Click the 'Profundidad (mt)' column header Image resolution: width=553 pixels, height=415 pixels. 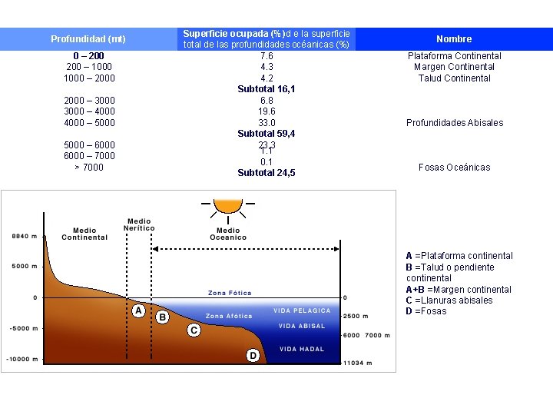pyautogui.click(x=88, y=38)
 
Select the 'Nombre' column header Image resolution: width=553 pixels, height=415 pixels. pyautogui.click(x=454, y=38)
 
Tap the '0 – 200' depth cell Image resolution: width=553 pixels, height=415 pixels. pyautogui.click(x=88, y=55)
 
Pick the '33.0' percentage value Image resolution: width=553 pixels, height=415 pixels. pyautogui.click(x=267, y=122)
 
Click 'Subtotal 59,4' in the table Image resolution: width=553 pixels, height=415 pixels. pyautogui.click(x=267, y=134)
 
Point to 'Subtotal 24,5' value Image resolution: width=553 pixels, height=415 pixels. pyautogui.click(x=267, y=173)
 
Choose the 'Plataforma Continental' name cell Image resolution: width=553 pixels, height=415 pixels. pyautogui.click(x=454, y=55)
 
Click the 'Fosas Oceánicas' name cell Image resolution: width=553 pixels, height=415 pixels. pyautogui.click(x=454, y=167)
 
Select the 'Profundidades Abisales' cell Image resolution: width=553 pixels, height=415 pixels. pyautogui.click(x=454, y=122)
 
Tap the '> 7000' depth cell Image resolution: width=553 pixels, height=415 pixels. pyautogui.click(x=88, y=167)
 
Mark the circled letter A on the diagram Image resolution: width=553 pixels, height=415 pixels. pyautogui.click(x=138, y=310)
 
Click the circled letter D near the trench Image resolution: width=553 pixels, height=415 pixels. pyautogui.click(x=253, y=355)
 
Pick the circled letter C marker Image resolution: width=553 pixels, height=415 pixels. pyautogui.click(x=194, y=330)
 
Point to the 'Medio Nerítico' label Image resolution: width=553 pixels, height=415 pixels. pyautogui.click(x=140, y=224)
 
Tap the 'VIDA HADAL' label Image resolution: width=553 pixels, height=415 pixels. pyautogui.click(x=302, y=349)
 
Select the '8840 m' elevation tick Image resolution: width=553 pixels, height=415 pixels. pyautogui.click(x=24, y=236)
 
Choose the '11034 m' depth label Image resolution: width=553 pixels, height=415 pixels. pyautogui.click(x=357, y=364)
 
